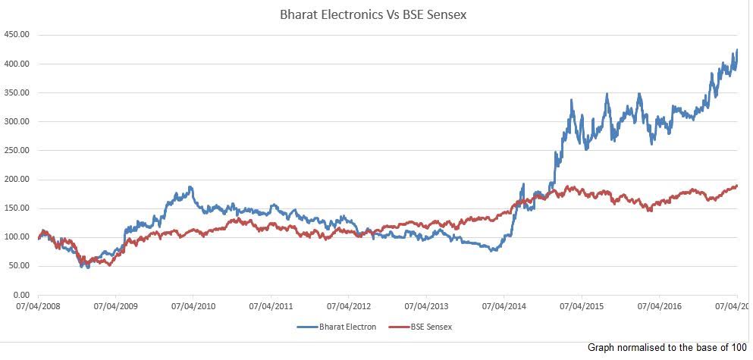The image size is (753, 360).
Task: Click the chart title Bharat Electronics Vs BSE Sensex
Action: click(x=377, y=14)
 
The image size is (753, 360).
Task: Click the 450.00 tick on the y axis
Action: click(x=17, y=35)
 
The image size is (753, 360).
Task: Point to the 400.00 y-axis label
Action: click(x=17, y=64)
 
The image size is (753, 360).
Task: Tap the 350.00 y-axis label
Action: click(x=17, y=92)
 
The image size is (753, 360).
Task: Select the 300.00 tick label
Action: click(x=17, y=121)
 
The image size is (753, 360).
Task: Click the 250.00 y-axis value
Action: click(x=17, y=150)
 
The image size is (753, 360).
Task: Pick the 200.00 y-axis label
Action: click(x=17, y=180)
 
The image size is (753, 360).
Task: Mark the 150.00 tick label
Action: click(x=17, y=208)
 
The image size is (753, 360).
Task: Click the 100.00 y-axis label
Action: click(x=17, y=237)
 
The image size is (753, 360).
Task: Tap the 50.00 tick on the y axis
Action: click(x=19, y=266)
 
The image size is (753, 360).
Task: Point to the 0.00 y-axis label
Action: click(x=20, y=295)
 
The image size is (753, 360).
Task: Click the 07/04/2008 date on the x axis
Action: click(x=38, y=308)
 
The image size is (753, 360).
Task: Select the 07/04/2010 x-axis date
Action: click(x=193, y=308)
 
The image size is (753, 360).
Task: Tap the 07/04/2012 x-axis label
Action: click(x=349, y=308)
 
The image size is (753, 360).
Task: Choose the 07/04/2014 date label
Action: click(x=504, y=308)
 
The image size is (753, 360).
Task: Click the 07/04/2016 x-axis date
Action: click(x=660, y=308)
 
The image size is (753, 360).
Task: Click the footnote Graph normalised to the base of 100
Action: click(x=667, y=347)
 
